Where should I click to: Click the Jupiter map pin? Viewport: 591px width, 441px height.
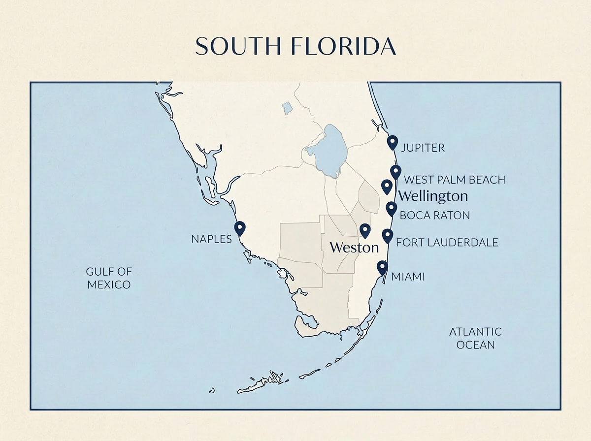click(392, 142)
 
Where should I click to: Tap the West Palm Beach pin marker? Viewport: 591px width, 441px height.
click(395, 172)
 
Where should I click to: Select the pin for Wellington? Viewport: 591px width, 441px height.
click(387, 187)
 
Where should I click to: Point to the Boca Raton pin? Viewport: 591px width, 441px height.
click(391, 208)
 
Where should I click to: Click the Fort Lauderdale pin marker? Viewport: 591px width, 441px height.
click(388, 236)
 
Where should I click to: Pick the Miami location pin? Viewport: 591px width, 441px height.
click(382, 267)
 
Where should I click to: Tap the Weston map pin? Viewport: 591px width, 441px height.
click(365, 230)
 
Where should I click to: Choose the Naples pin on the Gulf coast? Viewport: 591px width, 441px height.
click(240, 228)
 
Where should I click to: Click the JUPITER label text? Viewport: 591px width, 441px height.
click(423, 148)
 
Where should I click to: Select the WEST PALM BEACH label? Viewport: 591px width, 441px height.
click(454, 180)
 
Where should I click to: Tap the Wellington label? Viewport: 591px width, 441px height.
click(433, 196)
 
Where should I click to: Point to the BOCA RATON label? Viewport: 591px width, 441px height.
click(434, 216)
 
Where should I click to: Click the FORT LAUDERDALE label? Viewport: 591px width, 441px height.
click(447, 242)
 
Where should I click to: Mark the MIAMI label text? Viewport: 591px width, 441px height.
click(408, 277)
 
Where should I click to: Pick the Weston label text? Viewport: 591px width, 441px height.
click(354, 247)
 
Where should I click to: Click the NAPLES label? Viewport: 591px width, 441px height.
click(211, 239)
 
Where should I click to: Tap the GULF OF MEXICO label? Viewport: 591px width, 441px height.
click(108, 278)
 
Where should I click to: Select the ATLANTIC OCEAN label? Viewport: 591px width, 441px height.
click(475, 338)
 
